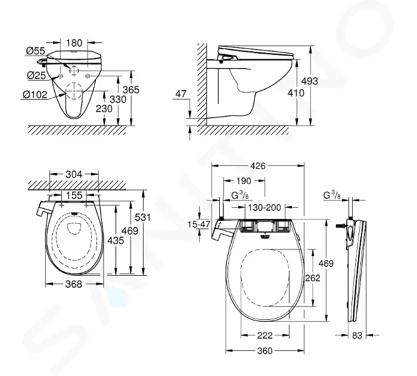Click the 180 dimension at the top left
74,42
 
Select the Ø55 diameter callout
36,51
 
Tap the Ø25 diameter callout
36,75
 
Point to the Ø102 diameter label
35,95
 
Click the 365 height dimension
131,90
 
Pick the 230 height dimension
104,109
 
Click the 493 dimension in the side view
310,81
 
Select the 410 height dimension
296,93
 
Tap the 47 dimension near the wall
181,94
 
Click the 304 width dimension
74,174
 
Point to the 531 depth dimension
142,217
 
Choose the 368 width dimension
74,284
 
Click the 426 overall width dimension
258,166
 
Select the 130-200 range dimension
264,207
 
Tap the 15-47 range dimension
199,224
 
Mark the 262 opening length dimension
313,278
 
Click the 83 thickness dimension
357,335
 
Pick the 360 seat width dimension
265,351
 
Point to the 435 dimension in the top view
116,241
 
